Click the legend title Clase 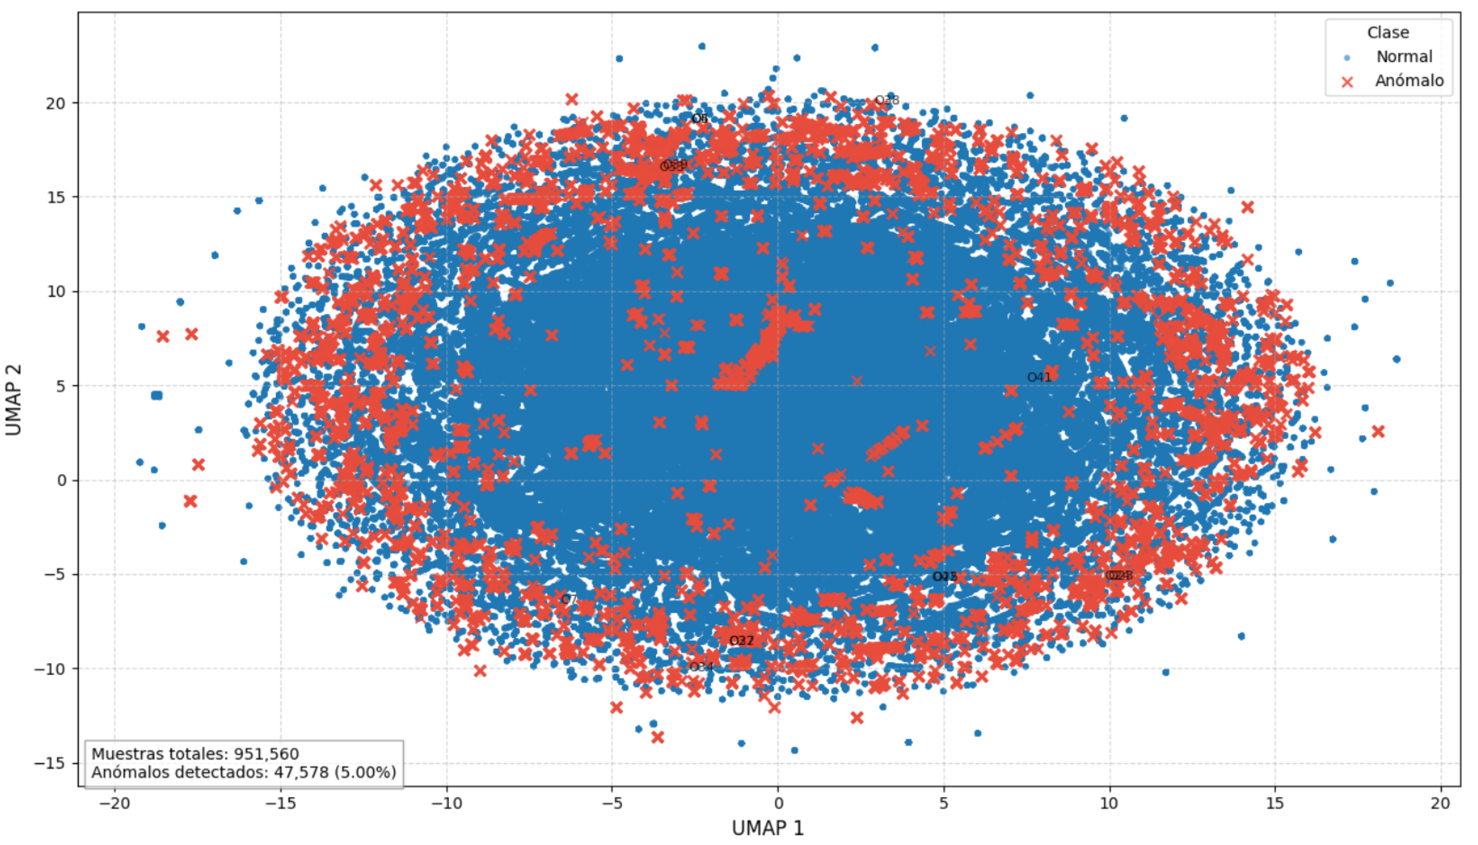[1388, 32]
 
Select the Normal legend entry [1403, 57]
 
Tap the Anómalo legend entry [1409, 81]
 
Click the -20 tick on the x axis [114, 803]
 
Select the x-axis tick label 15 [1275, 803]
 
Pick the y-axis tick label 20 [56, 104]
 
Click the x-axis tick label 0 [778, 803]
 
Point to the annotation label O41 [1039, 377]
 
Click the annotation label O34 [701, 667]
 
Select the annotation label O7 [569, 600]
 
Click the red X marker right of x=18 [1378, 432]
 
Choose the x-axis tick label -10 [446, 803]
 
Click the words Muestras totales [160, 754]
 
